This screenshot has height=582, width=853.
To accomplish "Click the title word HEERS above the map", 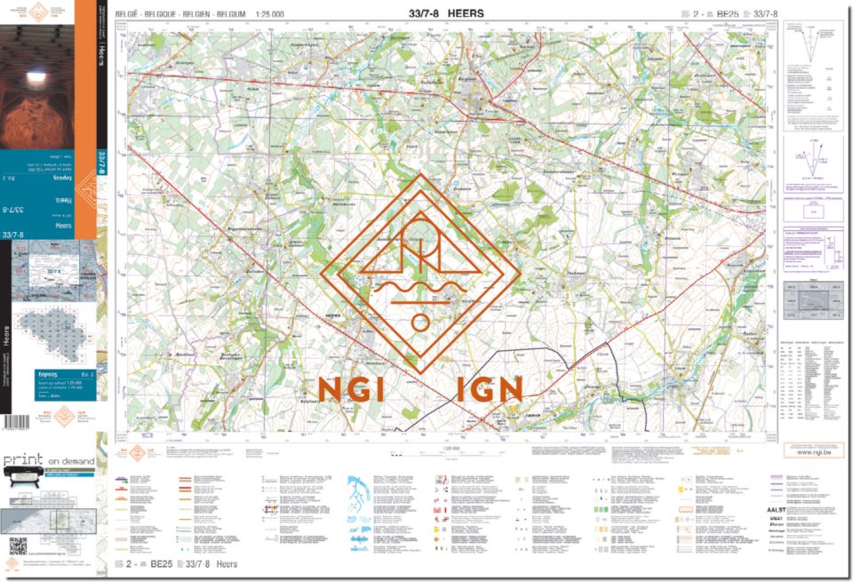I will click(466, 13).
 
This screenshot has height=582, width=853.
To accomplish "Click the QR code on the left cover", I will click(18, 546).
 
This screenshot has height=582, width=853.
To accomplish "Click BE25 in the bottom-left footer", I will click(161, 563).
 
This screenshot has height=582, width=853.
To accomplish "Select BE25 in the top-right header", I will click(728, 13).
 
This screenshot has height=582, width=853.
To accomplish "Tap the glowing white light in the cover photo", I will click(36, 78).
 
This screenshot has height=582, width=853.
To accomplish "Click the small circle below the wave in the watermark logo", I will click(419, 322).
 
